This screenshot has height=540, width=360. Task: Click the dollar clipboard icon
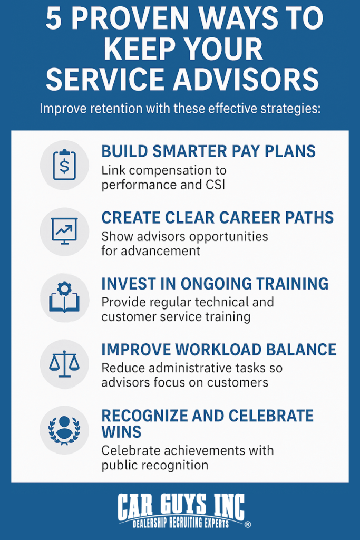[64, 165]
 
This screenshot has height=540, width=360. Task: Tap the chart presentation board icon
[64, 231]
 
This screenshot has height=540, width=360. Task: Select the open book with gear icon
[64, 297]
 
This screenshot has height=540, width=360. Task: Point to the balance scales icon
[64, 364]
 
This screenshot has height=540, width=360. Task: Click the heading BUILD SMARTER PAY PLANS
[208, 151]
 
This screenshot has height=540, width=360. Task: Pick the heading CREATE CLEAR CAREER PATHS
[217, 218]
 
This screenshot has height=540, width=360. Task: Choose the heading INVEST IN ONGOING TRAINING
[215, 284]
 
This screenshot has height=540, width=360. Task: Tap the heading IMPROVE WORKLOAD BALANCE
[219, 350]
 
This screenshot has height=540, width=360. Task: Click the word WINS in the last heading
[121, 432]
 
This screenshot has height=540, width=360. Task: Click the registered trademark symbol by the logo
[248, 525]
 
